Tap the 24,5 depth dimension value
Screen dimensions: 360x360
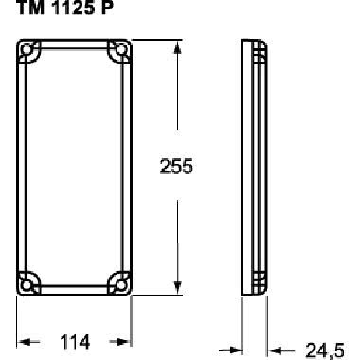click(x=324, y=351)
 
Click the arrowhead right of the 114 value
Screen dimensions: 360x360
click(x=122, y=341)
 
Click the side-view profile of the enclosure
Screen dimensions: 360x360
click(x=253, y=167)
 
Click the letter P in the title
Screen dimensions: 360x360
click(x=106, y=10)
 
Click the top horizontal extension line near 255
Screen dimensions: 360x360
click(x=156, y=39)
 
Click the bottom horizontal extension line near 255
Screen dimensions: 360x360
click(x=156, y=295)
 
